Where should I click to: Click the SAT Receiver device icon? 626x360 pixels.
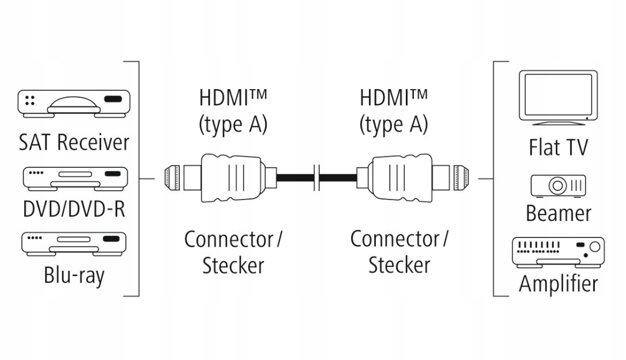click(75, 103)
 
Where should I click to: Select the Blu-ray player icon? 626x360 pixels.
click(75, 243)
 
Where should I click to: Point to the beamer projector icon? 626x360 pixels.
click(558, 185)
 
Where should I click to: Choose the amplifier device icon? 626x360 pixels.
click(558, 252)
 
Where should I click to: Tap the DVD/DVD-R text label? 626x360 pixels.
click(74, 209)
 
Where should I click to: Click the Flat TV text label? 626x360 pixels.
click(558, 147)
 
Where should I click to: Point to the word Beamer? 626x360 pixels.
click(558, 213)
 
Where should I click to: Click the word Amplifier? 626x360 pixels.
click(558, 284)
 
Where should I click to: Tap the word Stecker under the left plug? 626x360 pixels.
click(233, 266)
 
